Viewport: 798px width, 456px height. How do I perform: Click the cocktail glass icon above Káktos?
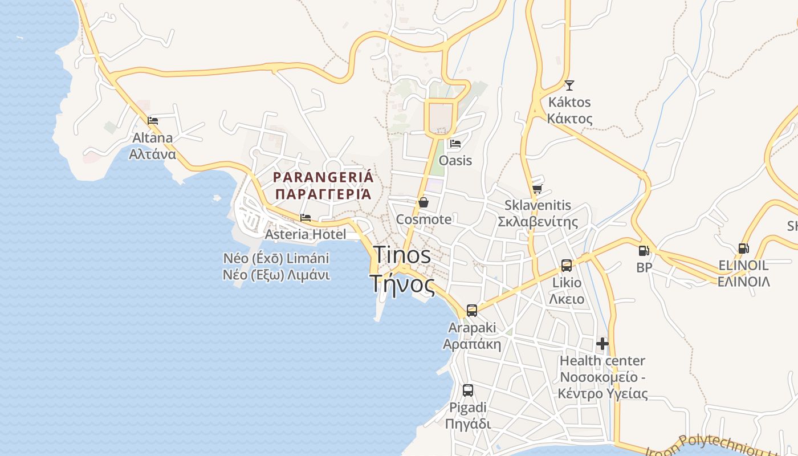569,85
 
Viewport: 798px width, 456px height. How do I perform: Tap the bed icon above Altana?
153,121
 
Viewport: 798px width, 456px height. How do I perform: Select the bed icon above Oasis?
455,144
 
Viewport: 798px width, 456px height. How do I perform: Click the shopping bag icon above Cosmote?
424,202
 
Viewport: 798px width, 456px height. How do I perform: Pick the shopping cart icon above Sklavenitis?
537,189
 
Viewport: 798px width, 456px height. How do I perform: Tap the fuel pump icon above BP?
644,250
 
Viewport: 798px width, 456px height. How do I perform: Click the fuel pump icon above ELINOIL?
743,249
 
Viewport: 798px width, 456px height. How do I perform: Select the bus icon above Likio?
567,266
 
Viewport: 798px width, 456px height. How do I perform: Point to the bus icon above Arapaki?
472,311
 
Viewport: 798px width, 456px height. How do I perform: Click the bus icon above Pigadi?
468,390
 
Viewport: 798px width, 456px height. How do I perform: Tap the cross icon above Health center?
602,344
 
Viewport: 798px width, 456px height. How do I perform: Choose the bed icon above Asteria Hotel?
306,218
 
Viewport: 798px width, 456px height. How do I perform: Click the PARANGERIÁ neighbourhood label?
323,185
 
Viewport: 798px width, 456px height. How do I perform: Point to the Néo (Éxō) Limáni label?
276,266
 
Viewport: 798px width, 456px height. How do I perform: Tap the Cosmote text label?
424,219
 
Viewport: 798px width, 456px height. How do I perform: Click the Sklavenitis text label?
538,214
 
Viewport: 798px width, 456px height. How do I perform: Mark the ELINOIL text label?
743,274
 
